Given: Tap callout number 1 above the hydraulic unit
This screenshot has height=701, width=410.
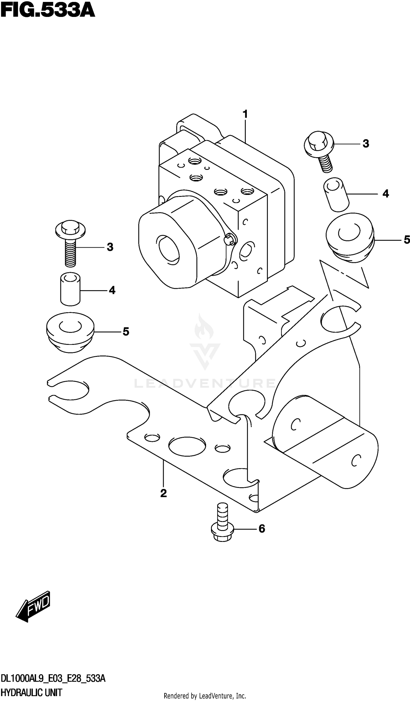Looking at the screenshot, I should click(245, 114).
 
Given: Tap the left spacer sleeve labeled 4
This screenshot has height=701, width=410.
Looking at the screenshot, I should click(70, 289).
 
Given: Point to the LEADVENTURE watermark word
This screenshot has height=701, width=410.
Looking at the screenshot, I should click(205, 383).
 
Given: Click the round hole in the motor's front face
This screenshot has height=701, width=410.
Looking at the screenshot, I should click(169, 249).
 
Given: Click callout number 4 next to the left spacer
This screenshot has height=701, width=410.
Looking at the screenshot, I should click(112, 290).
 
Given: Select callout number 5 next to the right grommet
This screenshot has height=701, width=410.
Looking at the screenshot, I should click(407, 239).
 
